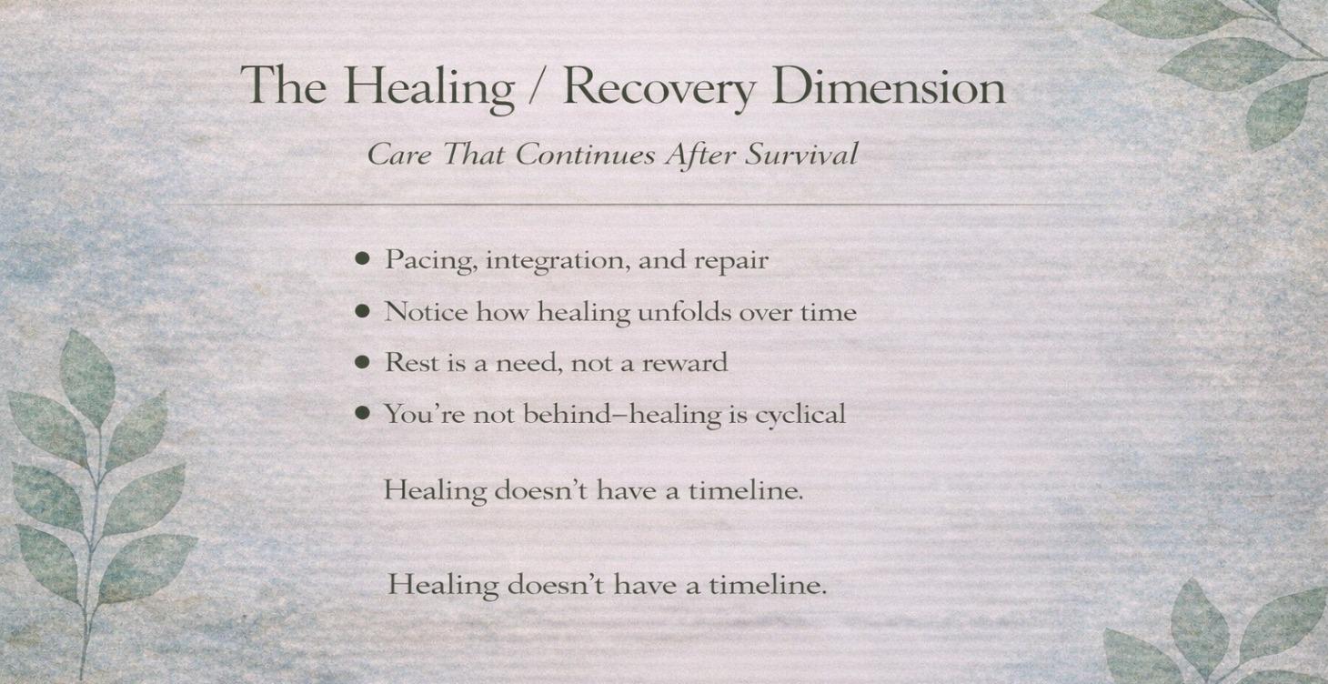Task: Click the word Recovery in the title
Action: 659,87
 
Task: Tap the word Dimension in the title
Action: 888,87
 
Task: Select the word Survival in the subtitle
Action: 801,155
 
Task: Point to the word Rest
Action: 410,363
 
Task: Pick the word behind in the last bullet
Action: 563,414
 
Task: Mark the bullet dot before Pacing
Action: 363,260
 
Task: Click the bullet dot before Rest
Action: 363,363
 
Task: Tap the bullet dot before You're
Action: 363,414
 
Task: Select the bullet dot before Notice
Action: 363,312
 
